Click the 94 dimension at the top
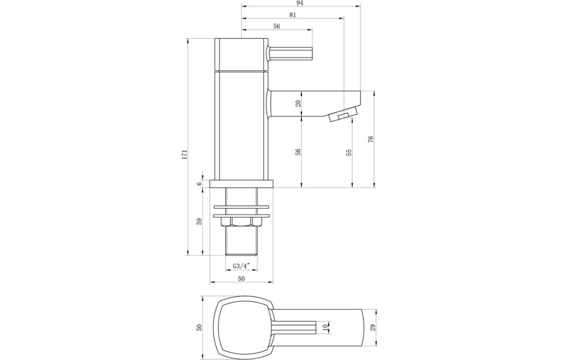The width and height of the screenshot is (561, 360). click(300, 3)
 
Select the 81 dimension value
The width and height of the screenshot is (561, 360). click(293, 15)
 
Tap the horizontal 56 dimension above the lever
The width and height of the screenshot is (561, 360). click(276, 26)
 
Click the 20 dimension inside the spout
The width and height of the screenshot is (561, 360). click(299, 104)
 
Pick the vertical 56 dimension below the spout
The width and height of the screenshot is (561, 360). click(299, 152)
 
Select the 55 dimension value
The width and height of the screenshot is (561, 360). click(349, 152)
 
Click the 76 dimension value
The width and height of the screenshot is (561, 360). click(371, 139)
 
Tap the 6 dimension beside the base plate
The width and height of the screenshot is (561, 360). click(199, 184)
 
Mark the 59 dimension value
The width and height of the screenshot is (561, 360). click(199, 221)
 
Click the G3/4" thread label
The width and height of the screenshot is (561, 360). click(241, 266)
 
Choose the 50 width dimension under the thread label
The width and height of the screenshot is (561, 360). click(241, 278)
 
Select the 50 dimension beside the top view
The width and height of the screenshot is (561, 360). click(199, 327)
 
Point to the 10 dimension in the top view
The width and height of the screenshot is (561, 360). click(325, 327)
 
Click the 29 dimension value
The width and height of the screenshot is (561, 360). click(373, 327)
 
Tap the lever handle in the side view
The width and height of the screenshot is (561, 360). click(290, 54)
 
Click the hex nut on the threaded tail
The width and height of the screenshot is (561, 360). click(241, 221)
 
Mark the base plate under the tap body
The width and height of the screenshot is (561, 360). click(241, 184)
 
